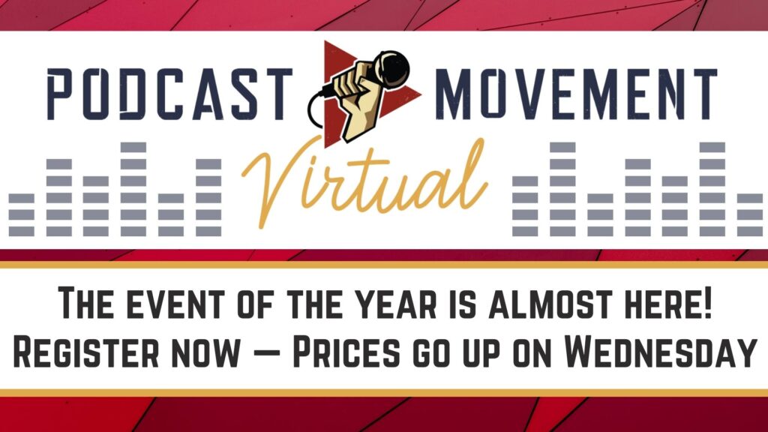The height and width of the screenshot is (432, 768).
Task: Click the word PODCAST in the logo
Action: tap(170, 94)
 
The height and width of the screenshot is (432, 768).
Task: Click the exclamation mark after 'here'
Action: tap(706, 303)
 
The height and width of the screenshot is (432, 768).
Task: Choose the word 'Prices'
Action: tap(346, 352)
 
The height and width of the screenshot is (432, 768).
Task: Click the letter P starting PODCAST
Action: tap(58, 94)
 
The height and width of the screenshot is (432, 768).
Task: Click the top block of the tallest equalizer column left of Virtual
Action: tap(133, 147)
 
